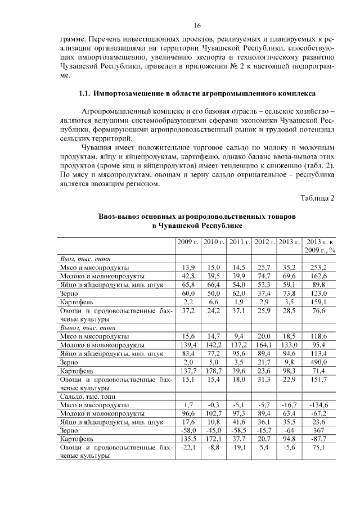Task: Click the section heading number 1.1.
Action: coord(85,92)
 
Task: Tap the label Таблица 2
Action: coord(317,197)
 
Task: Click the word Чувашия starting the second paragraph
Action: coord(98,147)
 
